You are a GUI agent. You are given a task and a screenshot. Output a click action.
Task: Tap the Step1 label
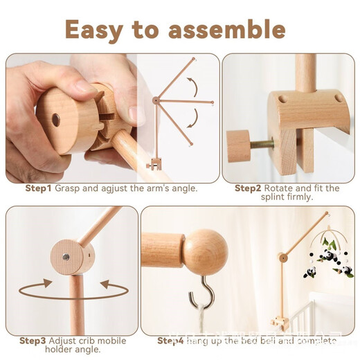pyautogui.click(x=37, y=188)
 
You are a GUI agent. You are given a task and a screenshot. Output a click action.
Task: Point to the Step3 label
pyautogui.click(x=33, y=341)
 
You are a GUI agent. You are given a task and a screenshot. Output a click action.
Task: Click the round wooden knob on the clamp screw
pyautogui.click(x=237, y=145)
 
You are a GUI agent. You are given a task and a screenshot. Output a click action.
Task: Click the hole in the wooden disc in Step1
pyautogui.click(x=55, y=119)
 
